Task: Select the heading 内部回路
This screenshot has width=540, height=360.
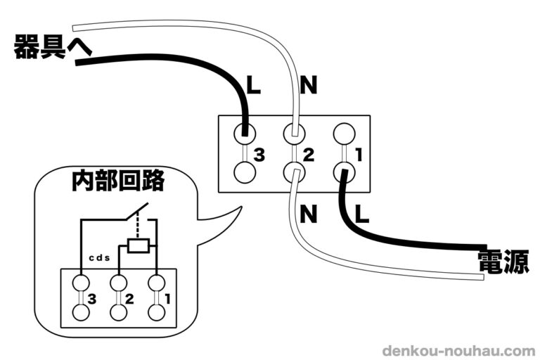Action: click(117, 181)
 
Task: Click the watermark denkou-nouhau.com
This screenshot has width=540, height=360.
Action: click(458, 350)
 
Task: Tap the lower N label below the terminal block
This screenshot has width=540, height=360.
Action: click(307, 213)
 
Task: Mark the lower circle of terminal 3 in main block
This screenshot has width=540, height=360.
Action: click(244, 172)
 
